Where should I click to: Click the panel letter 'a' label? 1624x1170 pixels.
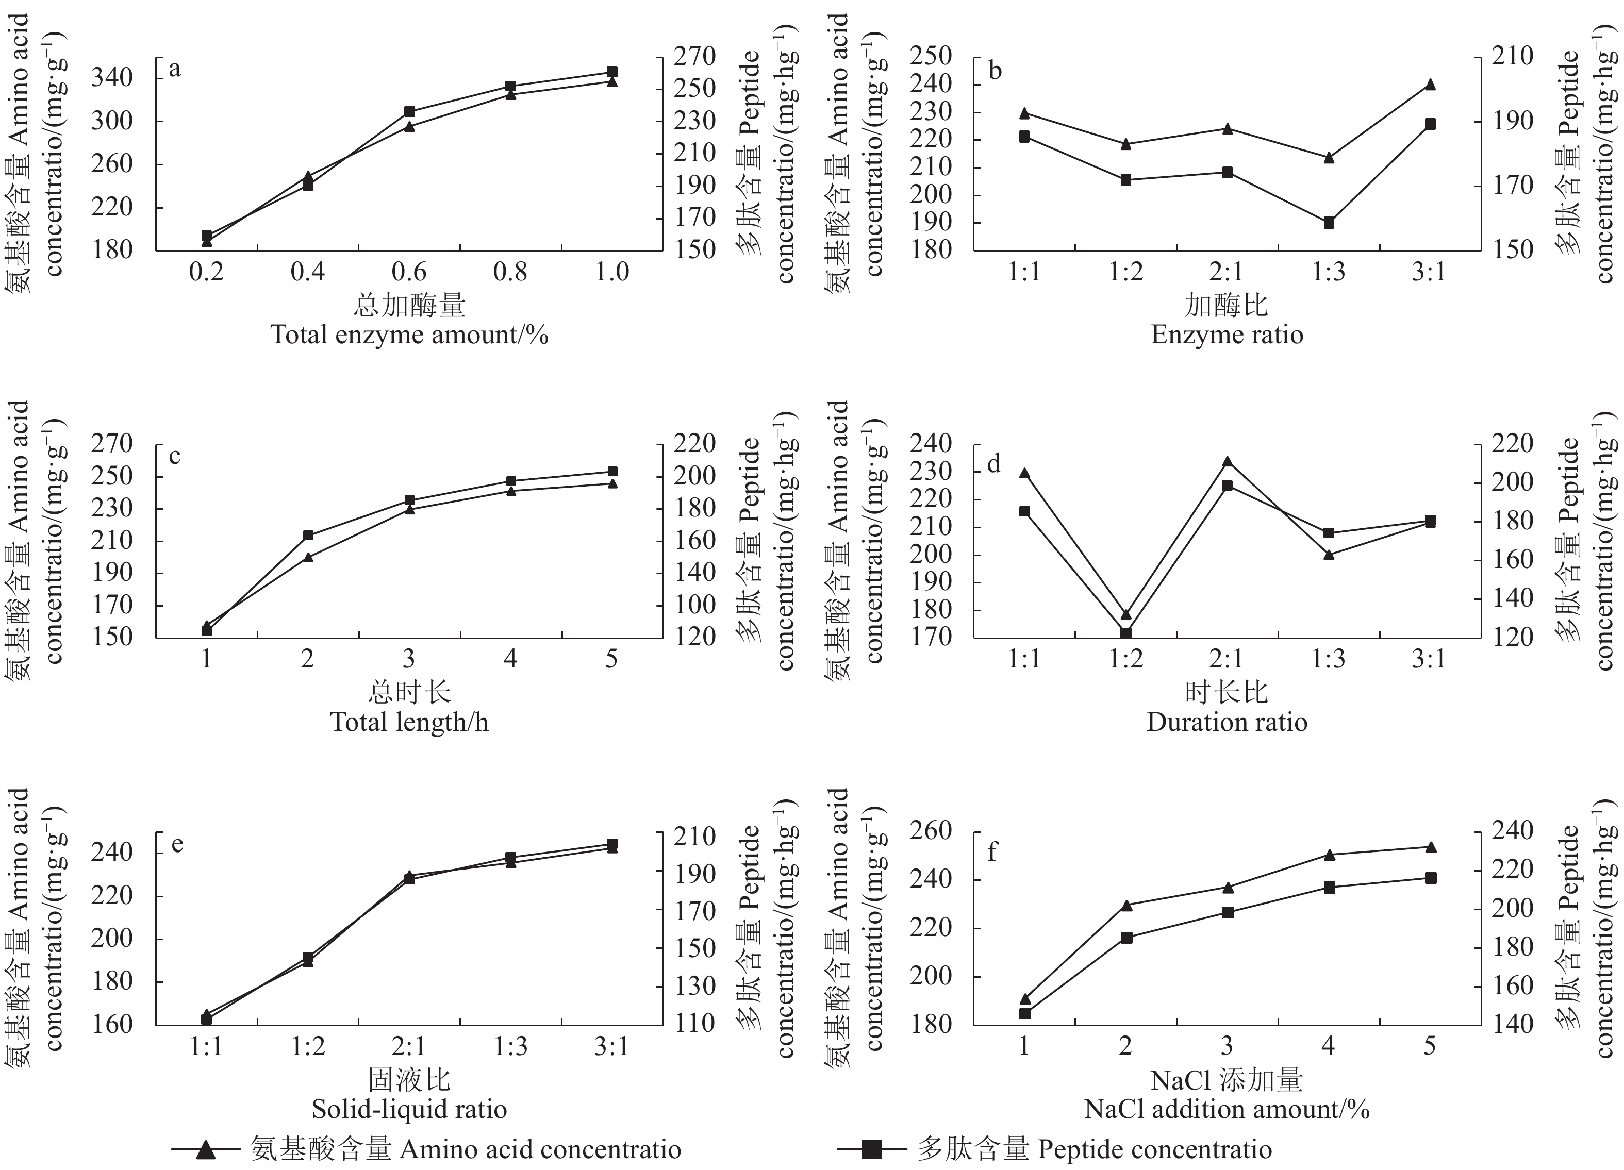175,70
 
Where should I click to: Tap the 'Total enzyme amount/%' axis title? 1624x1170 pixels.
409,335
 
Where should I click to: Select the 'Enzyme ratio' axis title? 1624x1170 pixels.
1227,335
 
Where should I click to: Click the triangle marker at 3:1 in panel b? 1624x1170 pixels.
1430,85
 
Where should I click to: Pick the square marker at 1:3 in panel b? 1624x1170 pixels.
1328,223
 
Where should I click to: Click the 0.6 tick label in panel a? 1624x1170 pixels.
409,272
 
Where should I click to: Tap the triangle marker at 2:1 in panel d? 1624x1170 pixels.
1227,462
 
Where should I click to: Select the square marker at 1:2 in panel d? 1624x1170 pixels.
1125,633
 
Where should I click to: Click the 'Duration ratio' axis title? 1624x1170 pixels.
1227,722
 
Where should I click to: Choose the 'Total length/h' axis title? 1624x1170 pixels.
409,722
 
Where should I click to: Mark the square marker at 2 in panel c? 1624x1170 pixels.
308,535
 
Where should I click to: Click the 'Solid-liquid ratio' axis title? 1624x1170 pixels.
409,1109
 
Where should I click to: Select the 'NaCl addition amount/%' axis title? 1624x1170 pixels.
1227,1109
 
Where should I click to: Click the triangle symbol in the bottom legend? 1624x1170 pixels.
206,1150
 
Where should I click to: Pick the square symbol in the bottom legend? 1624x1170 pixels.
871,1150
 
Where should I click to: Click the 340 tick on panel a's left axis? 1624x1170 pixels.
112,78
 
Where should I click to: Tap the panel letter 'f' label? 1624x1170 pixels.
992,853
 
